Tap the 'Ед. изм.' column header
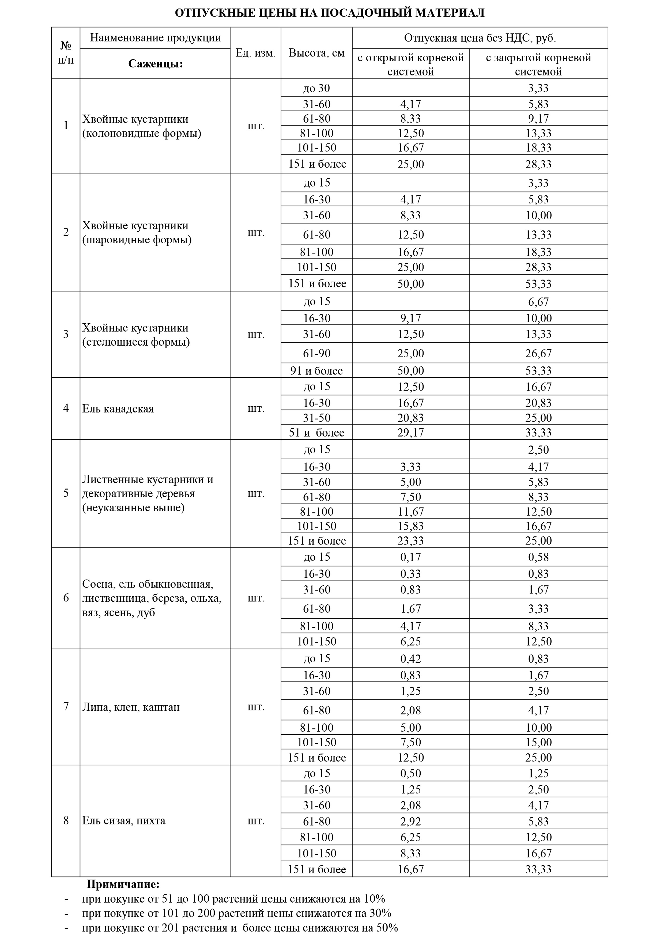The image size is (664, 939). [256, 53]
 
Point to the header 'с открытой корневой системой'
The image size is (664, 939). [410, 64]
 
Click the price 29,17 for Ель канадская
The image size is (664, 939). [410, 432]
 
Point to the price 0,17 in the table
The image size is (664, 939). [410, 557]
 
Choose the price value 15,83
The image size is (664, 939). [410, 526]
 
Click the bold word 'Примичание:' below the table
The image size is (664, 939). [123, 884]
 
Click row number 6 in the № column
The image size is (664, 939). [66, 598]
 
